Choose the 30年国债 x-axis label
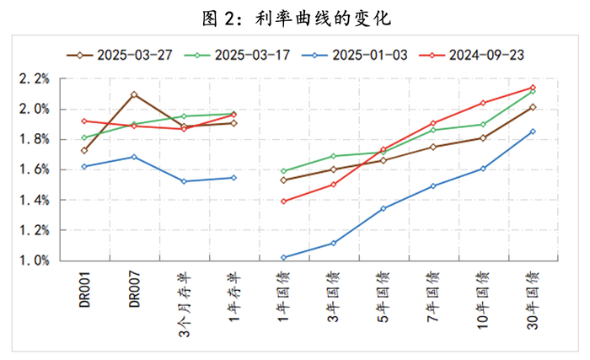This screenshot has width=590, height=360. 532,294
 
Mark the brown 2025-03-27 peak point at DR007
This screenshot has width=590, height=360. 134,94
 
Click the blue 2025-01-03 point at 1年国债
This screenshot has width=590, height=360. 283,257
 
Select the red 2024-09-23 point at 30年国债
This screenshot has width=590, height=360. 532,88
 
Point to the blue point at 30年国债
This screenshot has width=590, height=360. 532,132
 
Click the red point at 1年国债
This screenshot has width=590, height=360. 283,201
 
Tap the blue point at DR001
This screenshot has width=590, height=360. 84,167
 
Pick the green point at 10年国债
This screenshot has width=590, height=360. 482,124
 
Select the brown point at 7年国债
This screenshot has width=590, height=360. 432,147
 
